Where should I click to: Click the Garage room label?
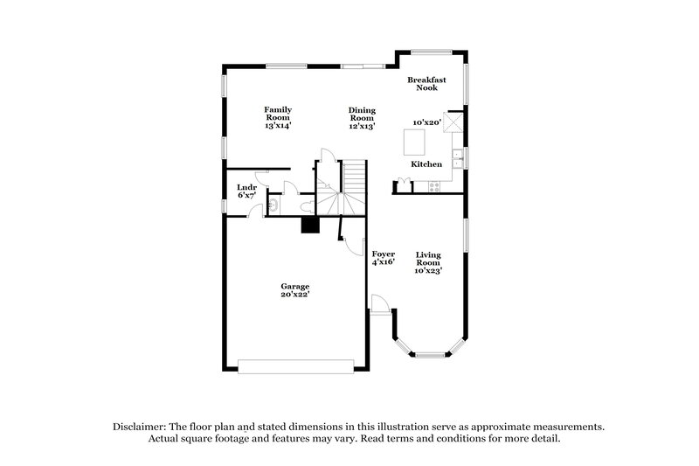click(x=294, y=287)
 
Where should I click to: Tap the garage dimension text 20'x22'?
click(x=294, y=295)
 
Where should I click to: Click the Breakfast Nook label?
click(x=427, y=84)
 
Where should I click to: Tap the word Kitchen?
click(x=426, y=164)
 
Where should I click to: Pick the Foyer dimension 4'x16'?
click(x=383, y=261)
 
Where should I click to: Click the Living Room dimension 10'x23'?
click(x=428, y=270)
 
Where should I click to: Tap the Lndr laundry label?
click(x=246, y=187)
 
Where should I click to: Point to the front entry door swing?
click(x=378, y=303)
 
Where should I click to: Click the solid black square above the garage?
click(x=309, y=226)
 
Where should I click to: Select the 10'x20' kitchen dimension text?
click(x=426, y=122)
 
